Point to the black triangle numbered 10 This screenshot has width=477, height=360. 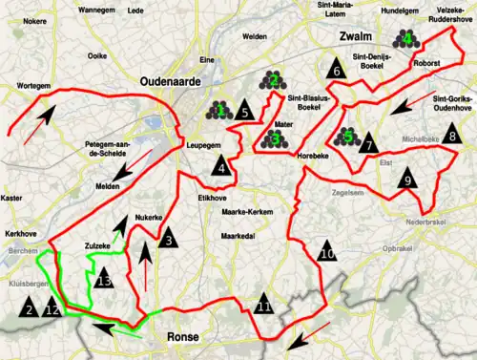(x=326, y=253)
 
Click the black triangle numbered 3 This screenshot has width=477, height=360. (x=168, y=240)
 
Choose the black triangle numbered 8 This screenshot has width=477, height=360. (x=451, y=137)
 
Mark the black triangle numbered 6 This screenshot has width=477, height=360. (x=336, y=71)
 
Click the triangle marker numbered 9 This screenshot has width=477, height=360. (x=407, y=179)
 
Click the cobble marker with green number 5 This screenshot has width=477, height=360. (x=348, y=137)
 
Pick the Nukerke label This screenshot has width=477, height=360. (x=149, y=218)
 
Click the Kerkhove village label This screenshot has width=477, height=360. (x=18, y=233)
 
